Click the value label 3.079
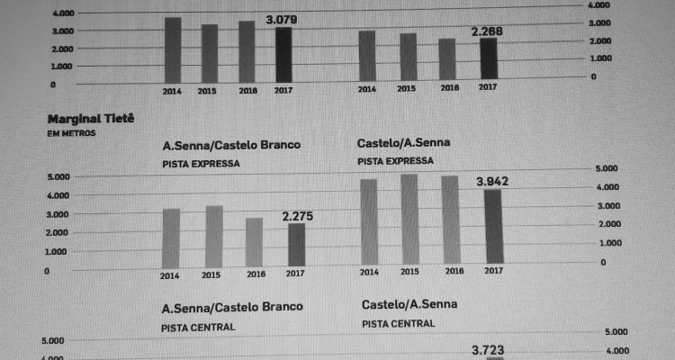click(283, 19)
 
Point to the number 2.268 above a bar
click(487, 31)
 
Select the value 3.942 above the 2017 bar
click(492, 182)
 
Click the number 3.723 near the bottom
click(491, 347)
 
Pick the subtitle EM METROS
click(71, 133)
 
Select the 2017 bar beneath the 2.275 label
click(296, 246)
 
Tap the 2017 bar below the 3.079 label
click(283, 54)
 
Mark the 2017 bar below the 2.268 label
click(488, 57)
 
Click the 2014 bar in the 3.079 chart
click(173, 50)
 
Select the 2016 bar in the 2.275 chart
click(255, 243)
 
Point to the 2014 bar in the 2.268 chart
click(366, 55)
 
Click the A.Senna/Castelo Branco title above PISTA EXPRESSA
click(231, 146)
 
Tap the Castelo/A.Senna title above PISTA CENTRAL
click(409, 303)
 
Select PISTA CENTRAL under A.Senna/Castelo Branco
click(199, 326)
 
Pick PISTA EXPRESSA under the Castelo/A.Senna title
click(396, 160)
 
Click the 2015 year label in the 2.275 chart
click(212, 274)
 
